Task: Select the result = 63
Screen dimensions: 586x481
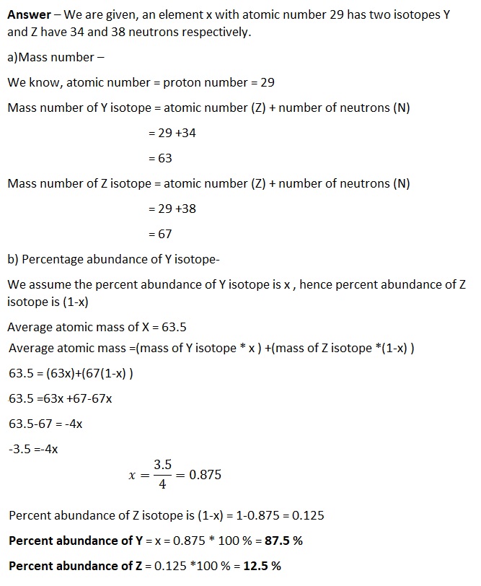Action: (x=159, y=158)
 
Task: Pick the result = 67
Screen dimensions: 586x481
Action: (x=159, y=234)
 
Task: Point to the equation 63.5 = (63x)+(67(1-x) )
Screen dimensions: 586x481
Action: (x=71, y=374)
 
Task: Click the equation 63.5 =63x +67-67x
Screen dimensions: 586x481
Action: (x=66, y=398)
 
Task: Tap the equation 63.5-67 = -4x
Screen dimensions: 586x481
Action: (x=45, y=424)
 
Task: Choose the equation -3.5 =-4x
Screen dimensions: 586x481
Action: (x=33, y=449)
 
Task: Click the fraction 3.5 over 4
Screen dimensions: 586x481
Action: (x=162, y=475)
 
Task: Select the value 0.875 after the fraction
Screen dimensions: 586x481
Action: (x=204, y=475)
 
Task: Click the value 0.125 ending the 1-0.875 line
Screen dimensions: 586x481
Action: (x=308, y=515)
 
